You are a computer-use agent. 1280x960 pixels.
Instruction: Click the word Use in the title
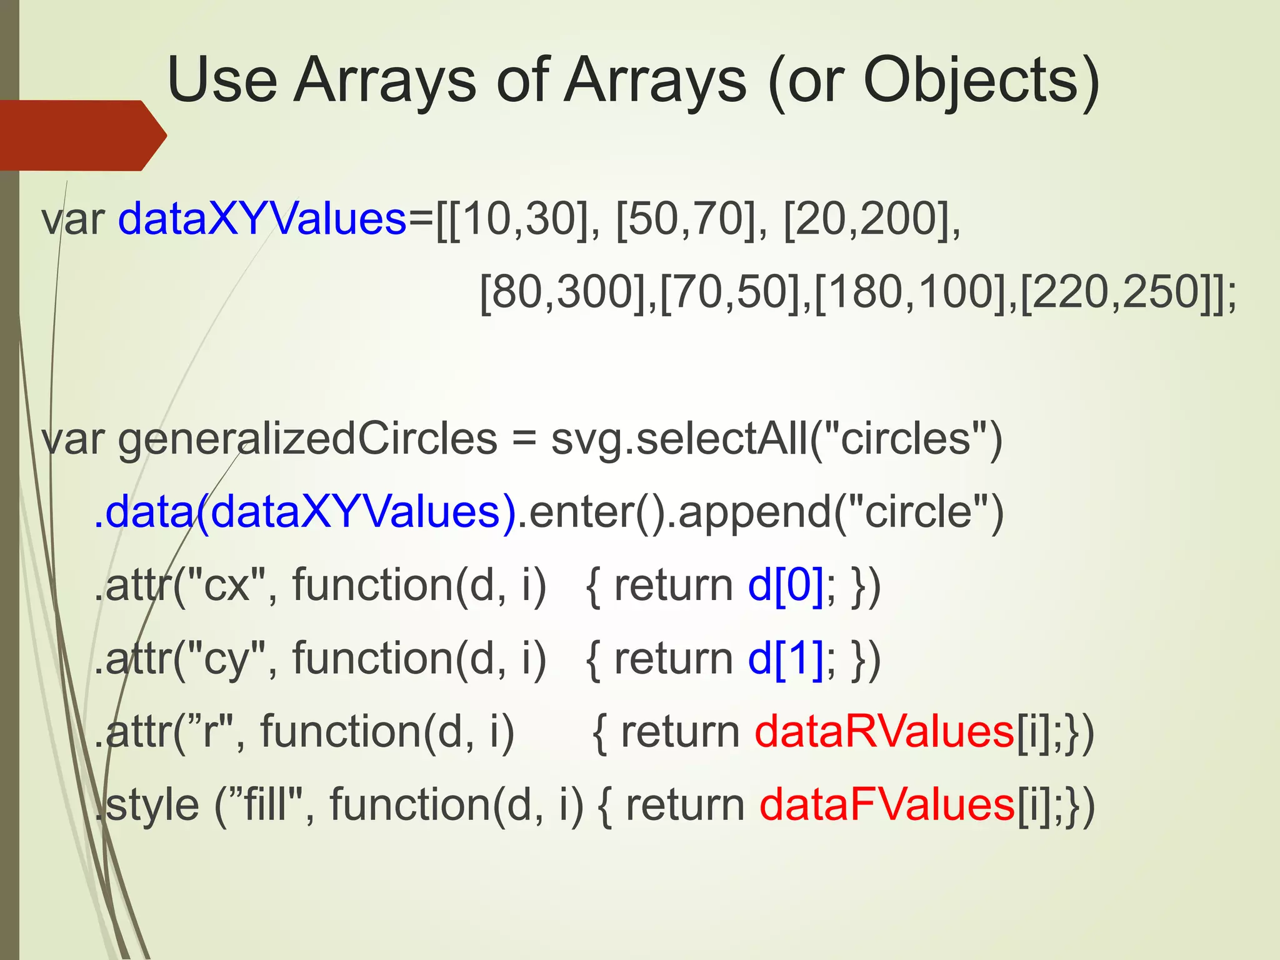tap(222, 81)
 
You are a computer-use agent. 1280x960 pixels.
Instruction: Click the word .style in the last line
tap(147, 804)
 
